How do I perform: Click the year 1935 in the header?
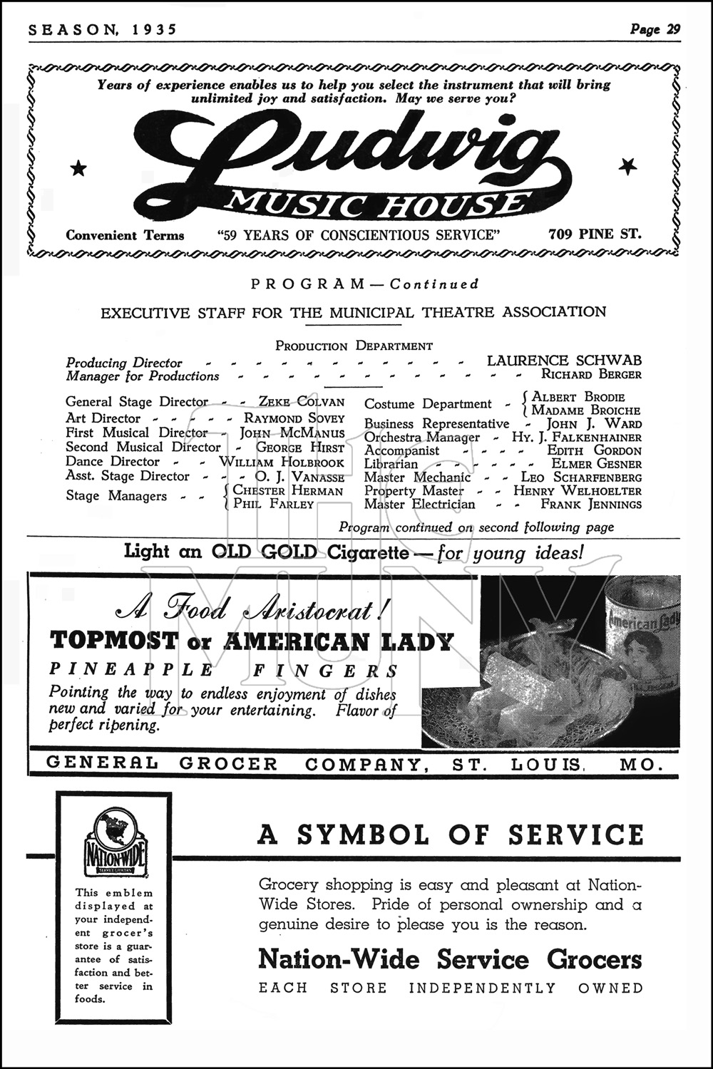[154, 29]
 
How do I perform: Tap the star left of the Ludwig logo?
[78, 168]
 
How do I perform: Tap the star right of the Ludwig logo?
[627, 167]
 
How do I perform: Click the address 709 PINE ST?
[595, 233]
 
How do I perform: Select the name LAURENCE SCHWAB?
[564, 361]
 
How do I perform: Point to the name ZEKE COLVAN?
[301, 402]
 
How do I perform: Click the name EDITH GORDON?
[594, 450]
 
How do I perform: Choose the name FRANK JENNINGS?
[591, 505]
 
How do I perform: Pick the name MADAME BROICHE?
[585, 410]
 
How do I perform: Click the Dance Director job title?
[113, 462]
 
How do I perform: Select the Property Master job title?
[414, 491]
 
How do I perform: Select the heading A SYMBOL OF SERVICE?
[450, 835]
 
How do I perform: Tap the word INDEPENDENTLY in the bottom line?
[482, 988]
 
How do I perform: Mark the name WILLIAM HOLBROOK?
[281, 462]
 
